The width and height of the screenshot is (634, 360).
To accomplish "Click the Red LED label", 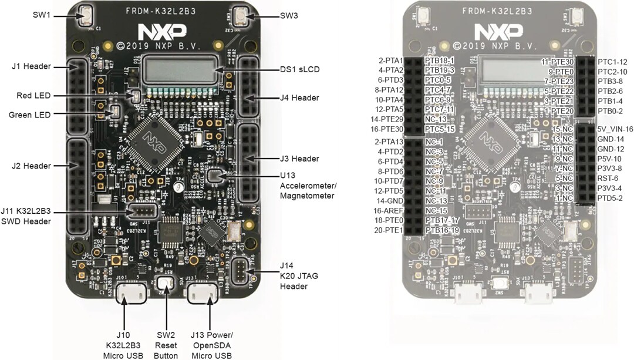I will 34,95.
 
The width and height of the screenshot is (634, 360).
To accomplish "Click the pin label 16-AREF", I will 389,210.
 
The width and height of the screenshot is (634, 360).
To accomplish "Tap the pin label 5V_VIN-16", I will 615,129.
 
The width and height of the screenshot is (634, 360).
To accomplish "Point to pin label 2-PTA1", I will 390,60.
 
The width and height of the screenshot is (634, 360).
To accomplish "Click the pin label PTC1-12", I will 612,62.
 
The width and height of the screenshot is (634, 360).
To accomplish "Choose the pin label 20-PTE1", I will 389,230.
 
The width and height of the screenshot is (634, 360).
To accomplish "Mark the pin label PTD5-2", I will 610,198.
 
